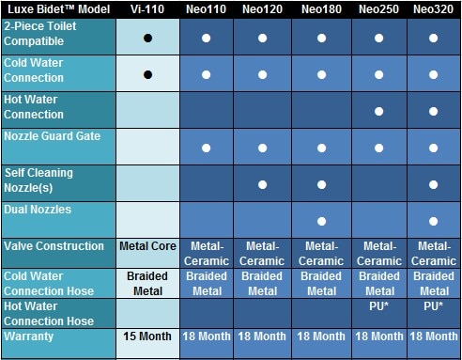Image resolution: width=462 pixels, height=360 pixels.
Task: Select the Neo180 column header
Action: click(x=321, y=9)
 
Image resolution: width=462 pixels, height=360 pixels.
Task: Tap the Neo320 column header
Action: click(x=436, y=9)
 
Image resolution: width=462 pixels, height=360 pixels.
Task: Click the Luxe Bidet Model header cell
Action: click(x=56, y=9)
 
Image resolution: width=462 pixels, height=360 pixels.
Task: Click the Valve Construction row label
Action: click(x=56, y=247)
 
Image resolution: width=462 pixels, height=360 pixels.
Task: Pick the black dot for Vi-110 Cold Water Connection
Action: click(x=147, y=72)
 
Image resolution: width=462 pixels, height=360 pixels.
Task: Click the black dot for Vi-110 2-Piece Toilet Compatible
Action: click(x=147, y=39)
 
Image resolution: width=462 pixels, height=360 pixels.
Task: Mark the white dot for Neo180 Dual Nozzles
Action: click(x=321, y=222)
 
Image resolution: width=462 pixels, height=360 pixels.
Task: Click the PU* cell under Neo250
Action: click(x=378, y=306)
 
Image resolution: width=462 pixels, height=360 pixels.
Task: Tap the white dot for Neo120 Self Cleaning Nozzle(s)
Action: click(x=263, y=184)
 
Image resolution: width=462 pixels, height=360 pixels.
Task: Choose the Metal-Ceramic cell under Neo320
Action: click(x=436, y=254)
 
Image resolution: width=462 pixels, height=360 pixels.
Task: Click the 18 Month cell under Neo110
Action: click(x=206, y=336)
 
